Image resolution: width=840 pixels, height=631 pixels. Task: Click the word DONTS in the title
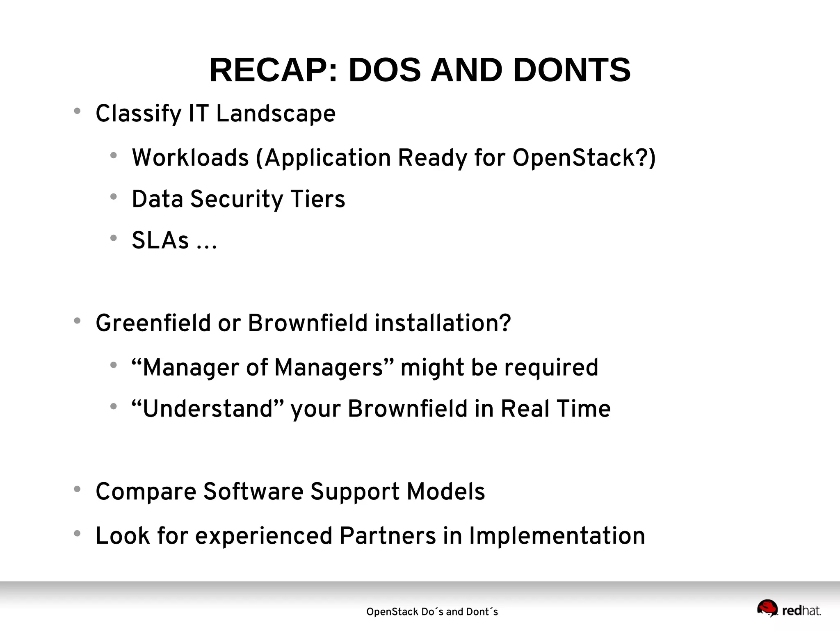click(572, 70)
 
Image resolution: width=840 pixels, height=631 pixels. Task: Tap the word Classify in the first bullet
click(139, 114)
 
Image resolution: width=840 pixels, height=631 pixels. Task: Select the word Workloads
click(190, 158)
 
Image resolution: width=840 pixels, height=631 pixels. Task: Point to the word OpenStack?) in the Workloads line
click(584, 158)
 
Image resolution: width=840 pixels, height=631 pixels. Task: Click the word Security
click(237, 200)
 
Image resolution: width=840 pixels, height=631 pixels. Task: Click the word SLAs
click(160, 241)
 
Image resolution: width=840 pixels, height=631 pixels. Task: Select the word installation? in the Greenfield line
click(443, 323)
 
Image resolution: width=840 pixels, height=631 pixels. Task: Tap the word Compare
click(146, 492)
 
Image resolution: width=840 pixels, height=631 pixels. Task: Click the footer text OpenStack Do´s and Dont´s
click(432, 612)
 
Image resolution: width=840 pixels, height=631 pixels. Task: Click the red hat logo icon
click(767, 608)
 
